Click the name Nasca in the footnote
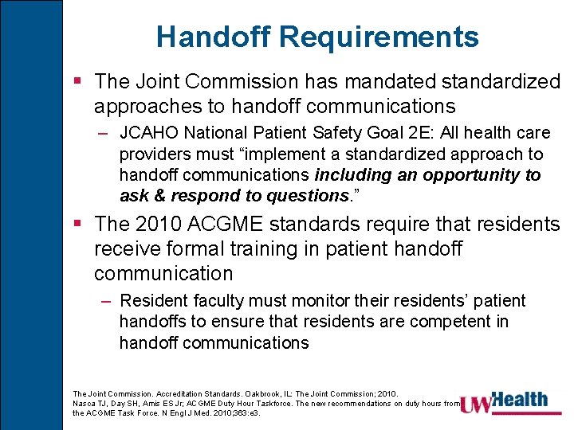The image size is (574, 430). pyautogui.click(x=84, y=404)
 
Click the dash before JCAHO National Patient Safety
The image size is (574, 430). pyautogui.click(x=106, y=133)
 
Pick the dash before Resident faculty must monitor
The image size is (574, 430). pyautogui.click(x=106, y=301)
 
